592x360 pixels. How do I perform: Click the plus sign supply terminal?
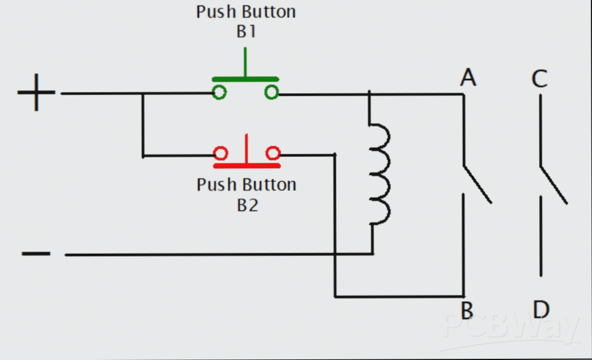coord(36,93)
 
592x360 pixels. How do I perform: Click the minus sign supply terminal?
coord(36,254)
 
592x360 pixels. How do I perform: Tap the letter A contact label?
coord(468,78)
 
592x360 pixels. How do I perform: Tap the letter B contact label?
coord(467,310)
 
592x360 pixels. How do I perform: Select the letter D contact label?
coord(541,310)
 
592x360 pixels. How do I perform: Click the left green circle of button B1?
coord(219,92)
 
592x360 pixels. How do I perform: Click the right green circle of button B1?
coord(272,92)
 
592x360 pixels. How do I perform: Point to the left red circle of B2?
coord(221,154)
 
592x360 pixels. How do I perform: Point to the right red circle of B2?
coord(273,154)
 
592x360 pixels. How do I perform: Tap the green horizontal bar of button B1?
coord(246,79)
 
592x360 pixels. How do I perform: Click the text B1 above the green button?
coord(245,31)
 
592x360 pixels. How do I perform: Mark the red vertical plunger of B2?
coord(245,149)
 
